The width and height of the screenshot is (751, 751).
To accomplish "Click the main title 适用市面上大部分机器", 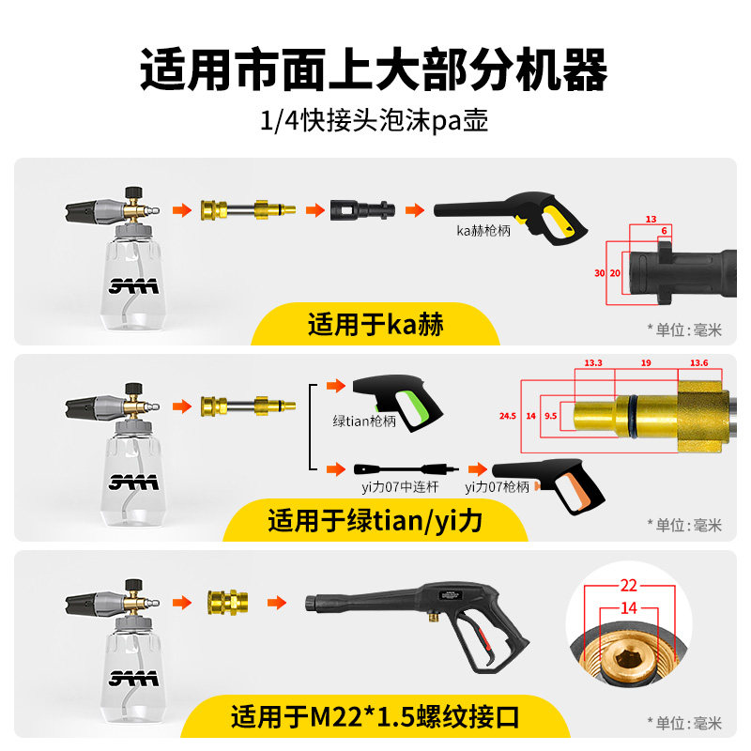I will (x=375, y=69).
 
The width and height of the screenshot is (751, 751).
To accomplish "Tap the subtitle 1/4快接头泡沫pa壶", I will (x=375, y=121).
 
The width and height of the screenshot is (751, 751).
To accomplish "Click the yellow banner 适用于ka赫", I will (x=375, y=326).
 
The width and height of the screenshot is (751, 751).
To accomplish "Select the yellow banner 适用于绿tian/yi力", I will (x=375, y=520).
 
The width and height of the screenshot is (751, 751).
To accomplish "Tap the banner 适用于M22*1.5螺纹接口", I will (x=375, y=718).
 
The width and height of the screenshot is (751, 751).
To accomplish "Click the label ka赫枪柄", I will (x=483, y=230).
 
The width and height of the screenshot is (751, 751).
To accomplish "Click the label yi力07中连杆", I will (x=387, y=487).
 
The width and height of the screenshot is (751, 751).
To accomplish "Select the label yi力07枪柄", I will (x=497, y=487).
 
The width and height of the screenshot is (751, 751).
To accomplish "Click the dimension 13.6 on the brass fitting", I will (x=698, y=362).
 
